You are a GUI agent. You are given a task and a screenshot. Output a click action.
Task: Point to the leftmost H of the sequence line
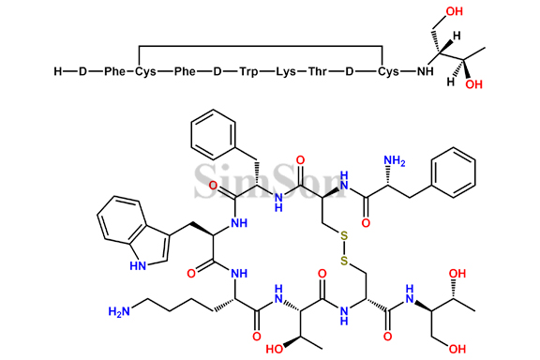(58, 71)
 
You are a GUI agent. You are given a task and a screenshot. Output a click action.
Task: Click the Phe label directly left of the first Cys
(113, 71)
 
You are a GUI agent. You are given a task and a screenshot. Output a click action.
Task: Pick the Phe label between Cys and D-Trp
(184, 71)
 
